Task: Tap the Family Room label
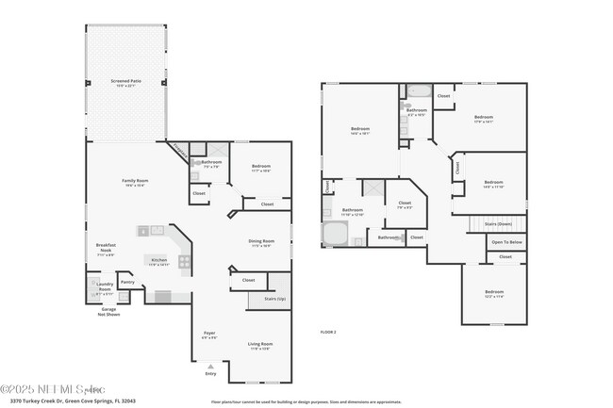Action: tap(135, 182)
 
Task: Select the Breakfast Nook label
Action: tap(105, 248)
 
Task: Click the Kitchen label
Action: tap(159, 261)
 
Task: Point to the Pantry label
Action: tap(127, 281)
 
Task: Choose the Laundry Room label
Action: tap(105, 287)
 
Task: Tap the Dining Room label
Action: tap(260, 242)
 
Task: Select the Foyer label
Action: tap(209, 335)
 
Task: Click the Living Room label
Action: tap(259, 346)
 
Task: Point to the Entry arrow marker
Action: tap(209, 374)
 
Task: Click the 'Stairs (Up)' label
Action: tap(260, 298)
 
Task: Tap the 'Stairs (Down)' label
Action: tap(498, 223)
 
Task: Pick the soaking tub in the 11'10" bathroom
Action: tap(334, 233)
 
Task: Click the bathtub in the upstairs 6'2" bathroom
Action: tap(418, 92)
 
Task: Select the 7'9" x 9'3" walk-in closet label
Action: tap(405, 204)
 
